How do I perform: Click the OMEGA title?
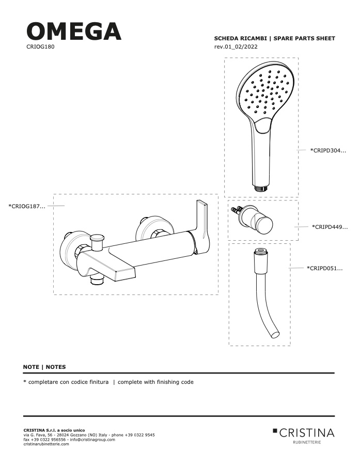tap(74, 31)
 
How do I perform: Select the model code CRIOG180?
tap(40, 47)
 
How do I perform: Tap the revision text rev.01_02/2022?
tap(236, 47)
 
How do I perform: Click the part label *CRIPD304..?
tap(328, 150)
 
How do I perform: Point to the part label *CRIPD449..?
tap(330, 227)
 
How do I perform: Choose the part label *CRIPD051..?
tap(325, 268)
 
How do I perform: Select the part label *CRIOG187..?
tap(27, 206)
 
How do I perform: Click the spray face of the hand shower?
tap(267, 91)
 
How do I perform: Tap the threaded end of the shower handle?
tap(261, 188)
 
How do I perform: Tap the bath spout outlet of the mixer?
tap(124, 275)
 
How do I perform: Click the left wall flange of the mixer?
tap(71, 247)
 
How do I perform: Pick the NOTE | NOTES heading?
tap(44, 367)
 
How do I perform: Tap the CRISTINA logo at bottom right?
tap(303, 435)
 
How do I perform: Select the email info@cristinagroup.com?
tap(92, 440)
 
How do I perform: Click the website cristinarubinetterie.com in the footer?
tap(46, 444)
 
